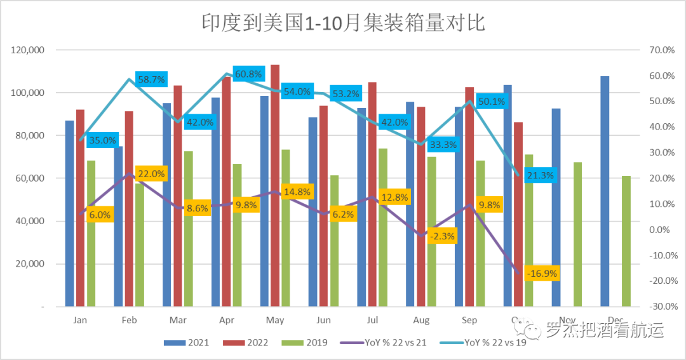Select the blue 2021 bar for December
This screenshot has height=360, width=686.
[605, 190]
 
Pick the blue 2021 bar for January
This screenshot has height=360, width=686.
[70, 213]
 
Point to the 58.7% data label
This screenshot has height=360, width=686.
[151, 79]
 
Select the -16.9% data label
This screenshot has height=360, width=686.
[542, 274]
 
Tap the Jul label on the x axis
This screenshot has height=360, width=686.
[372, 320]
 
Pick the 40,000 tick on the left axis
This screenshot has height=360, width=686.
[30, 221]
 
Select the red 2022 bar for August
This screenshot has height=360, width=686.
[421, 206]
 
